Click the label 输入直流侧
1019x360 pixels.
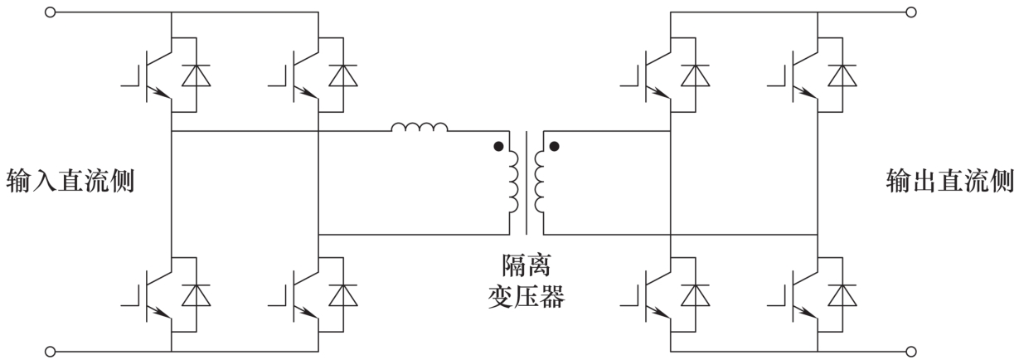[70, 181]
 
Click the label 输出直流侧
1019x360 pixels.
[950, 181]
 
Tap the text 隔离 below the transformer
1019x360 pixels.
[526, 265]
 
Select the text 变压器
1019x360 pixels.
[526, 297]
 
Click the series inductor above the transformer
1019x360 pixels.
[420, 127]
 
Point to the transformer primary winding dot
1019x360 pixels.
[498, 147]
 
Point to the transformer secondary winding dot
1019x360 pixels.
[554, 147]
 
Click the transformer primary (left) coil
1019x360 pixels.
[513, 182]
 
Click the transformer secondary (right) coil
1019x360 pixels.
[540, 182]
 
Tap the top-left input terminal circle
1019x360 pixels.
[50, 12]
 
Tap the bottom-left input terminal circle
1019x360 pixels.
[50, 352]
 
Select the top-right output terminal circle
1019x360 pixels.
[910, 12]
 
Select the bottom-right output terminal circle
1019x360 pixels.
[910, 352]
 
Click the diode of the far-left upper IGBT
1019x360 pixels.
[196, 75]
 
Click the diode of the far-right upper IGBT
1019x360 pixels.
[842, 75]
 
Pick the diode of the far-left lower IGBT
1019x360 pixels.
[196, 295]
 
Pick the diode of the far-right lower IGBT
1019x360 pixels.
[842, 295]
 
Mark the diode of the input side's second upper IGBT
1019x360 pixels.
[343, 75]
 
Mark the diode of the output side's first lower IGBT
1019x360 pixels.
[695, 295]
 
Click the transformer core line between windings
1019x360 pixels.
[526, 183]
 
